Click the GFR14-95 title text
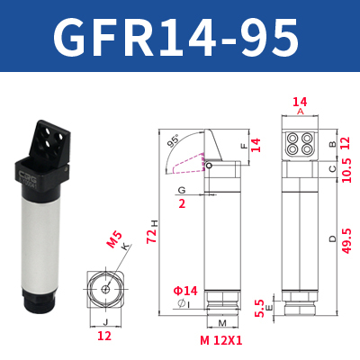coord(176,37)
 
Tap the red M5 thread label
coord(114,240)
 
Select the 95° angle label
coord(172,141)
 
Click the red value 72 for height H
coord(152,236)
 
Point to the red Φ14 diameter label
coord(185,291)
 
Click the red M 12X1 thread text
coord(221,340)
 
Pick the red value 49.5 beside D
coord(346,240)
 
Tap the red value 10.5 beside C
coord(346,170)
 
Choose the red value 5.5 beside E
coord(259,308)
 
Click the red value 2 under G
coord(182,204)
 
